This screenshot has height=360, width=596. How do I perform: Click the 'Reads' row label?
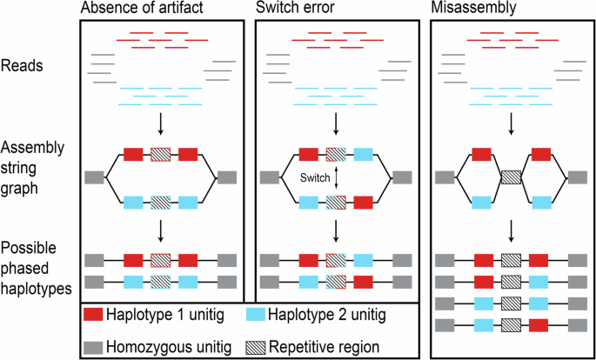click(x=22, y=64)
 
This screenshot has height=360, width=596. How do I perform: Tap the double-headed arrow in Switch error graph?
click(x=335, y=178)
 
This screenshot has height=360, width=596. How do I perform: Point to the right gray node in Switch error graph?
click(x=402, y=178)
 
